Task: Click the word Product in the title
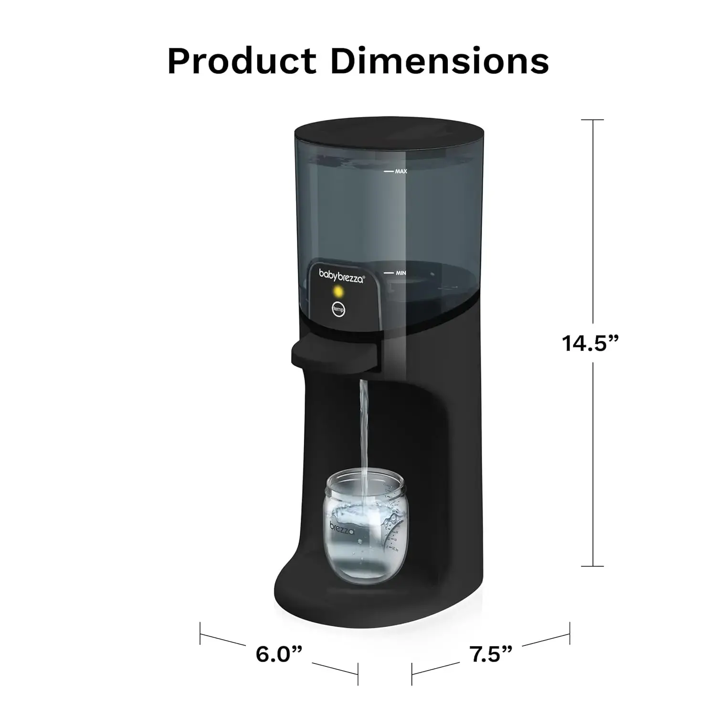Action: click(x=242, y=61)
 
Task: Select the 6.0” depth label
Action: click(x=279, y=653)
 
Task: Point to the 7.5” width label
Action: click(x=492, y=654)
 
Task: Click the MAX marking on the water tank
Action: click(x=400, y=171)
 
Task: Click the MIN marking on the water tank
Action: click(x=400, y=273)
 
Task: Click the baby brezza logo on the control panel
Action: click(x=341, y=276)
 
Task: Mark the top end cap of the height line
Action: click(x=592, y=120)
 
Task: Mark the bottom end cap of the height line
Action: click(x=592, y=567)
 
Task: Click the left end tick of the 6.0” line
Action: click(x=200, y=633)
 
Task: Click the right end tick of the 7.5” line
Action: click(x=569, y=633)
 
